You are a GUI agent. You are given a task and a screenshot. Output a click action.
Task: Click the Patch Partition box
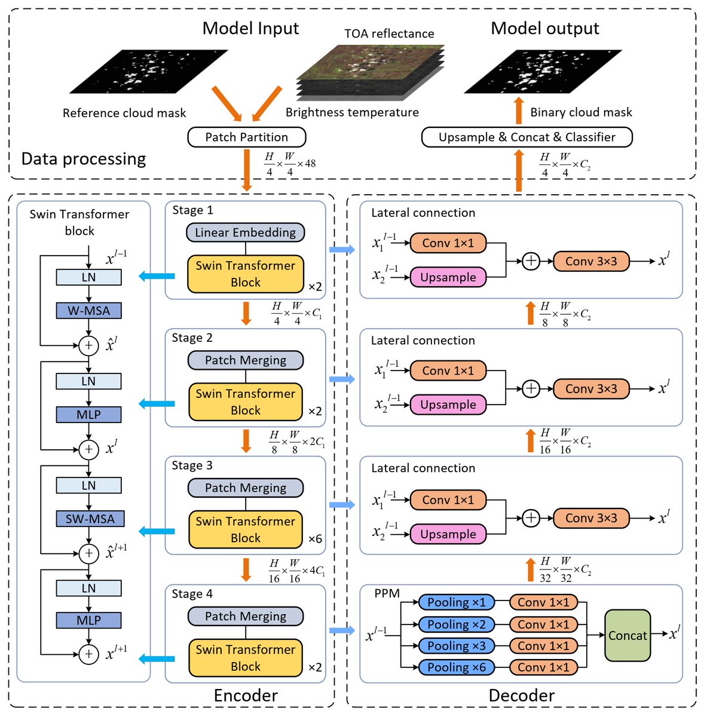(246, 137)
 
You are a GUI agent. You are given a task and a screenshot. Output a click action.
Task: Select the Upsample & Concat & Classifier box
(527, 137)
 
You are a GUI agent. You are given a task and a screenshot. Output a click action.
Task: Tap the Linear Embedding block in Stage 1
(245, 232)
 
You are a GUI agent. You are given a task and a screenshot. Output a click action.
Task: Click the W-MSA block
(88, 311)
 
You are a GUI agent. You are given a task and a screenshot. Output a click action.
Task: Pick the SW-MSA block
(90, 519)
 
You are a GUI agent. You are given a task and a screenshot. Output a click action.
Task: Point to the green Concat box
(628, 636)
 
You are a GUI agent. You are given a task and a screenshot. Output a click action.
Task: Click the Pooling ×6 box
(457, 667)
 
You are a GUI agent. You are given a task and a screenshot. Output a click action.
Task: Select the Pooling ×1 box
(457, 602)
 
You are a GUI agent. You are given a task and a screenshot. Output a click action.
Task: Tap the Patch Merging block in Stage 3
(246, 488)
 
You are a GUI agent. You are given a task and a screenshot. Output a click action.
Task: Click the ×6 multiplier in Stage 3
(315, 539)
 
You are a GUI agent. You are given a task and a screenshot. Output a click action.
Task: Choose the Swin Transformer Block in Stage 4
(246, 658)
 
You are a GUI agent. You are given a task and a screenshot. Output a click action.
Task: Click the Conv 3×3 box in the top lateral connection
(591, 261)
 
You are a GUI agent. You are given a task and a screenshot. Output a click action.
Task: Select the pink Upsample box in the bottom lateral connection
(448, 534)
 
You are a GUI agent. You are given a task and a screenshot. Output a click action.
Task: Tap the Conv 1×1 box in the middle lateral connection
(448, 370)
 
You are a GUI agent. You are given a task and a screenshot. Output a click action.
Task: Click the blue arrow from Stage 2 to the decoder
(342, 379)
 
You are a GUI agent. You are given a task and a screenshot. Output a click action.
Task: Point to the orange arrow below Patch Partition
(246, 170)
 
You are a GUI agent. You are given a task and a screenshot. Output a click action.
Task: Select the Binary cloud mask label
(581, 112)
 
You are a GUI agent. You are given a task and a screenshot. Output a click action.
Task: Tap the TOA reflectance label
(389, 34)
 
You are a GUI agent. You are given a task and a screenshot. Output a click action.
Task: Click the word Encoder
(246, 695)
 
